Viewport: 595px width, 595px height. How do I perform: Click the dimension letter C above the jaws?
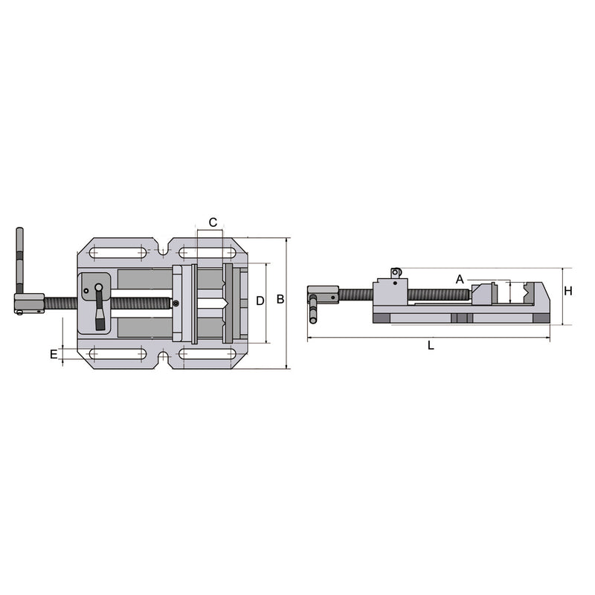click(x=212, y=222)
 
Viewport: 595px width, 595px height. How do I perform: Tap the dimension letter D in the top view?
click(x=260, y=301)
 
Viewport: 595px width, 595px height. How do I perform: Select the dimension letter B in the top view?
click(x=280, y=300)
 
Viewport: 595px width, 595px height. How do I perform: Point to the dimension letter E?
click(x=54, y=354)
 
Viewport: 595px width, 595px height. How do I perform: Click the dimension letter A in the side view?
click(x=460, y=279)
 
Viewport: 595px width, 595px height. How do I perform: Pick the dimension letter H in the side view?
click(x=567, y=291)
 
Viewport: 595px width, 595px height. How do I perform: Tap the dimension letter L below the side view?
click(x=431, y=345)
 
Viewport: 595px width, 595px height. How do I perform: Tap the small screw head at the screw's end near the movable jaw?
click(x=176, y=303)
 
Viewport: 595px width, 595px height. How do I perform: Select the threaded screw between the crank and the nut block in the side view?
click(x=357, y=295)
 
